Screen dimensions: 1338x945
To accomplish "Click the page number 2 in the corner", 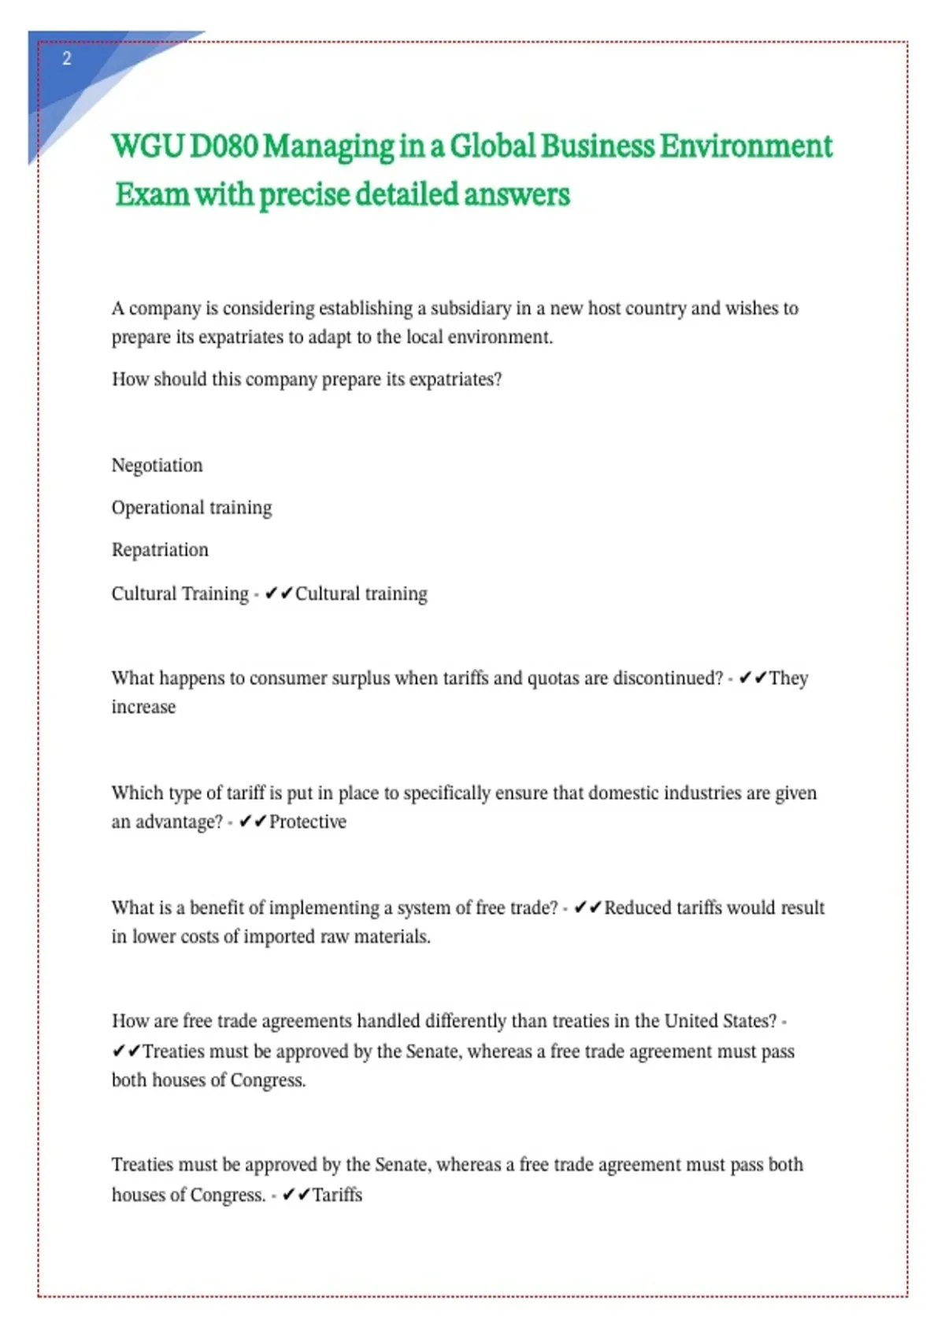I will [x=67, y=59].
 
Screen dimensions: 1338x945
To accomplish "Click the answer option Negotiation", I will [x=157, y=465].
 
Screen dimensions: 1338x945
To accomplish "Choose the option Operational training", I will [x=191, y=508].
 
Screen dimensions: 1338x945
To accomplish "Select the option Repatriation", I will [x=160, y=550].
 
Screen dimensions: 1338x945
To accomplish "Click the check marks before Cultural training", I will [x=279, y=593].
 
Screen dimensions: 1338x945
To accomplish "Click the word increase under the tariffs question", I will [x=143, y=707].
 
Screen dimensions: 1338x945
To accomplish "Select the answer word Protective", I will [x=308, y=822].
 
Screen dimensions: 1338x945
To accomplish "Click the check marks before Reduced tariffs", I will [x=588, y=908].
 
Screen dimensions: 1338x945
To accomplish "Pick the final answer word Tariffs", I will [x=337, y=1195].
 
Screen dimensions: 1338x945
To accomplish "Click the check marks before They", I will [x=753, y=678].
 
